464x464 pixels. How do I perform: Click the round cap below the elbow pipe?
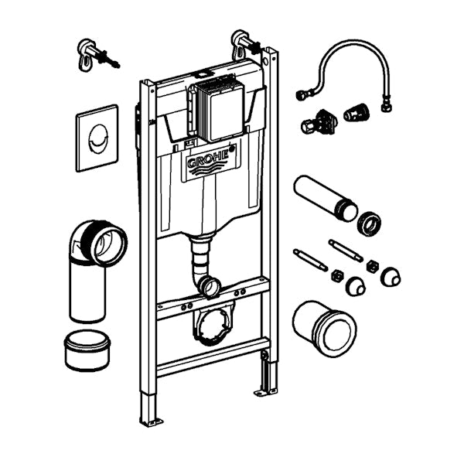pos(87,350)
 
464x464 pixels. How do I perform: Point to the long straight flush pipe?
pos(326,197)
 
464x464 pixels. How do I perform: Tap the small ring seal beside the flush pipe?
pos(369,223)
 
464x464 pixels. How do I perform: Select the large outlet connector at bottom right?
pos(324,328)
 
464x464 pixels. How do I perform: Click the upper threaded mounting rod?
pos(346,251)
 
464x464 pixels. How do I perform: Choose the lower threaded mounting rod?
pos(310,260)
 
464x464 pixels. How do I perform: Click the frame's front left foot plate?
pos(152,421)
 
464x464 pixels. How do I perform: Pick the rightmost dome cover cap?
pos(391,277)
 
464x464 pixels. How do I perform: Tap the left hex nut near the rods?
pos(337,275)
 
